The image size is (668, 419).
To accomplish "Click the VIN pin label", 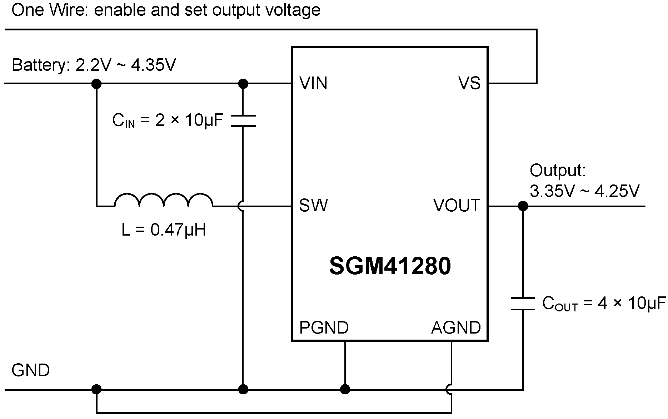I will (x=313, y=83).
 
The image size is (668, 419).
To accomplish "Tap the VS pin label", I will (x=469, y=83).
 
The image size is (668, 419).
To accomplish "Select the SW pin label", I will (x=313, y=206).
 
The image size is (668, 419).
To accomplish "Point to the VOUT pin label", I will (x=456, y=206).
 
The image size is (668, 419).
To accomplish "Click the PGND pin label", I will (x=324, y=327).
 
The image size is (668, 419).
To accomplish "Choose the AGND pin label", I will (x=456, y=327).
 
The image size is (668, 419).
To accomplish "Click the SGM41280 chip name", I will (x=390, y=266).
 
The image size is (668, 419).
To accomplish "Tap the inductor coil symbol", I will (x=164, y=201).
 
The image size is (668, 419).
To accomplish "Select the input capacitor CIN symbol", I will (x=243, y=121).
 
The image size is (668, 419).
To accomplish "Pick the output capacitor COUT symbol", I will (x=523, y=304).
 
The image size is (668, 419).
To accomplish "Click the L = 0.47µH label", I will (x=164, y=230).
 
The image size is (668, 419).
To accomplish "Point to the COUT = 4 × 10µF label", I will (x=604, y=304).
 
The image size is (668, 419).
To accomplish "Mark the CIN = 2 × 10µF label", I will (x=168, y=121).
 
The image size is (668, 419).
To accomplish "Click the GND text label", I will (x=31, y=370).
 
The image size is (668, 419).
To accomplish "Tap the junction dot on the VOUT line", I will (x=523, y=206).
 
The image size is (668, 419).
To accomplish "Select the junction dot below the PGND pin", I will (x=345, y=389).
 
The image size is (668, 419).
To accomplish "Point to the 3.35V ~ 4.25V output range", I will (x=584, y=191).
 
